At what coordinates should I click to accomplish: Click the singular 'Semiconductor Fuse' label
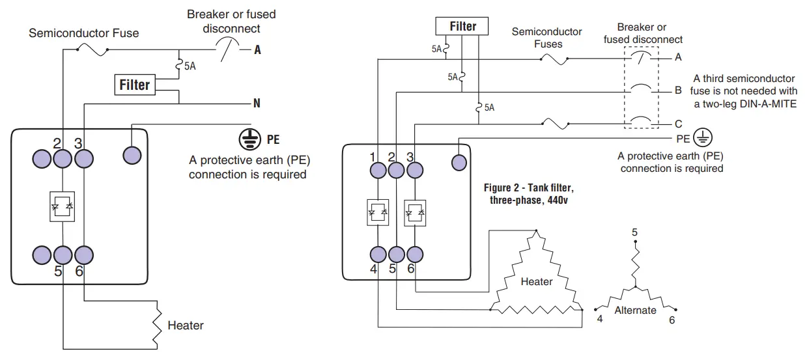(83, 33)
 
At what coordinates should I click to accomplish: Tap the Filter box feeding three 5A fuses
(462, 27)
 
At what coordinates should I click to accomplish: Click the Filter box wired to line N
(135, 85)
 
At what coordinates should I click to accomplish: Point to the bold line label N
(257, 104)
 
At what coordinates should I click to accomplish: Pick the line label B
(678, 90)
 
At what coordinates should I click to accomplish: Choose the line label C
(678, 124)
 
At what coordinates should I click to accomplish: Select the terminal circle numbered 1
(378, 171)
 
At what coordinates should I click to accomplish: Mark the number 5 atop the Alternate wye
(634, 232)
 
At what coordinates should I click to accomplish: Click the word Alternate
(635, 311)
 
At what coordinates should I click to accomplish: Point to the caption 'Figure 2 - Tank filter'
(528, 188)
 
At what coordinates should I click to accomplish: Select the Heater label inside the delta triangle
(536, 282)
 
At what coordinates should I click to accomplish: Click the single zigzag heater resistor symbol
(157, 324)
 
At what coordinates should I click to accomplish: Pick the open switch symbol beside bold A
(227, 49)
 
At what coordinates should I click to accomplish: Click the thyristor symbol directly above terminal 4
(378, 212)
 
